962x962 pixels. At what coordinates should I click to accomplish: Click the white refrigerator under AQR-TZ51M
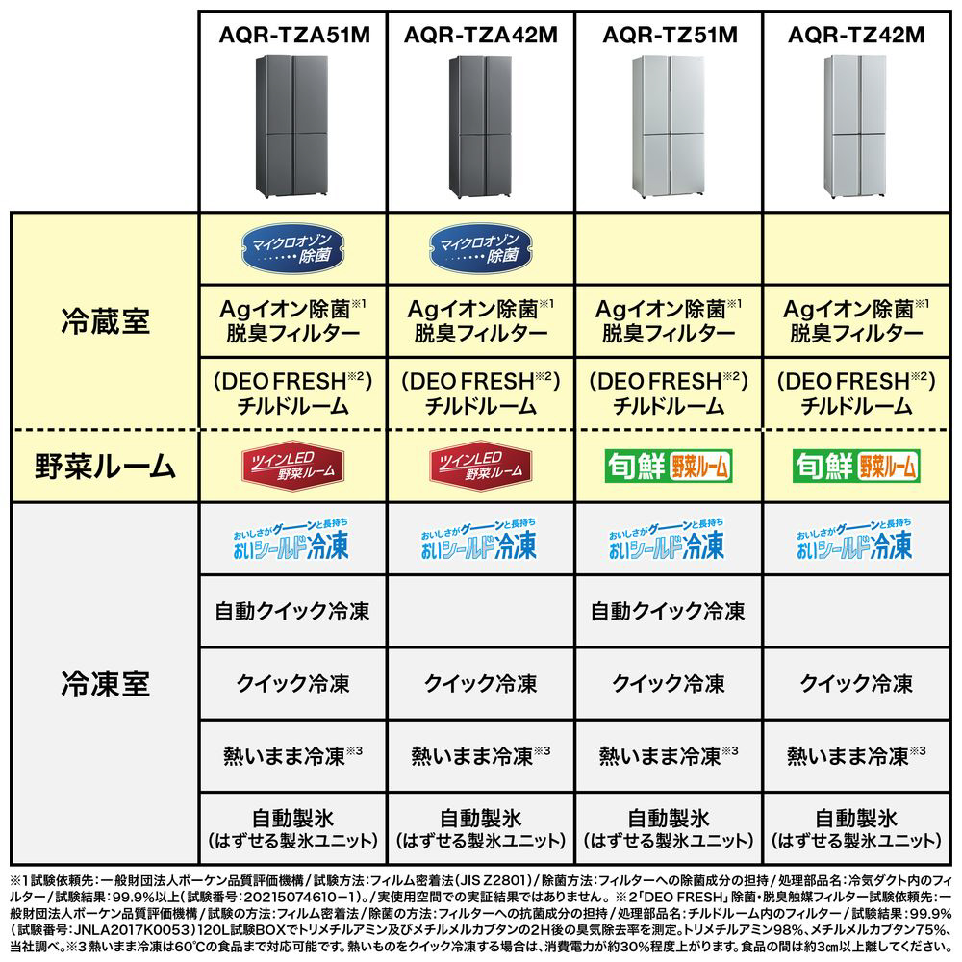point(668,126)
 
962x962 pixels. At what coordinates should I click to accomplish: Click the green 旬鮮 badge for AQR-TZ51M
point(668,467)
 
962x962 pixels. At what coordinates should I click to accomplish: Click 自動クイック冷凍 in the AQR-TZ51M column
point(668,611)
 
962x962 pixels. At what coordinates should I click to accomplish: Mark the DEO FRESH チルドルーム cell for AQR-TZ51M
point(668,392)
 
